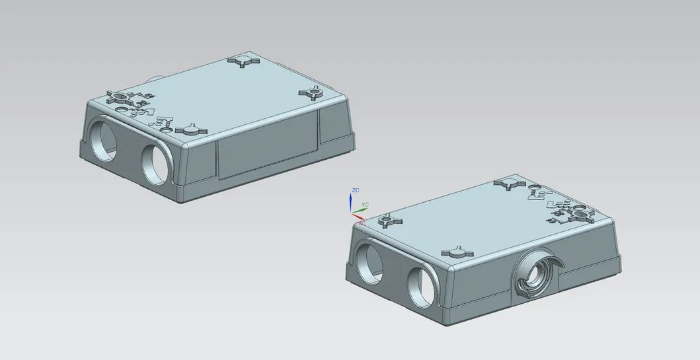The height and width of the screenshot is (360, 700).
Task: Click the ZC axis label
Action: [x=356, y=190]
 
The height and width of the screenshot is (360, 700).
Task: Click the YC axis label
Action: [x=365, y=205]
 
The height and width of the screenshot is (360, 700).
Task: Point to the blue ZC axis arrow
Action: [x=350, y=201]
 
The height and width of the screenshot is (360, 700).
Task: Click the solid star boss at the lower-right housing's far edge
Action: [x=510, y=184]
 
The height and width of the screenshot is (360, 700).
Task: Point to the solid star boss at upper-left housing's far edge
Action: [x=242, y=61]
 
